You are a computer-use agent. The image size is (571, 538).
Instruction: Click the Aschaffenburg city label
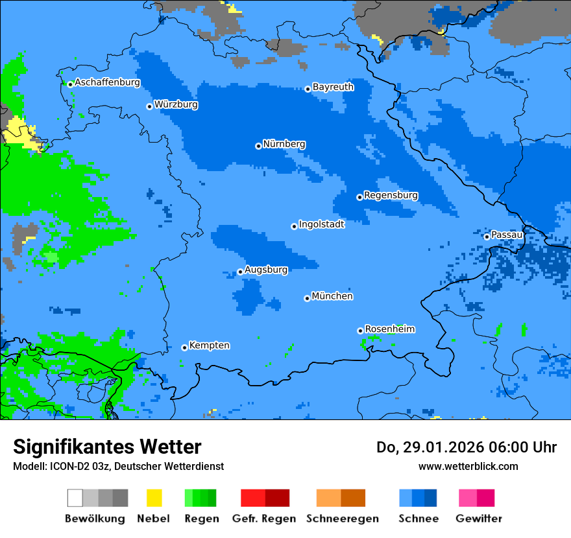click(x=107, y=82)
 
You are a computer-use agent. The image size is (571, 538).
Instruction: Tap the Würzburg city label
click(x=176, y=104)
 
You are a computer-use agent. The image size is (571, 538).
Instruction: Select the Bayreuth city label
click(x=333, y=87)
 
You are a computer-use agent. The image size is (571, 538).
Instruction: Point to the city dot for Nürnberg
click(x=258, y=146)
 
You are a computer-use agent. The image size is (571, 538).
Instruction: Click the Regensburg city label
click(x=391, y=195)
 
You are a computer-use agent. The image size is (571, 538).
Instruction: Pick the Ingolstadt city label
click(x=321, y=224)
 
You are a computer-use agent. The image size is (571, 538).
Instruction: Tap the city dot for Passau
click(x=487, y=237)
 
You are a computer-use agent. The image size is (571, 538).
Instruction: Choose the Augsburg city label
click(x=266, y=270)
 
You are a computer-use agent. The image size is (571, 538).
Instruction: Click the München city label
click(x=332, y=296)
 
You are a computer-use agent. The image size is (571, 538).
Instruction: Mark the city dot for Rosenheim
click(x=360, y=331)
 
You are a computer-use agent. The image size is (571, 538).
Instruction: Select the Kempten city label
click(x=209, y=345)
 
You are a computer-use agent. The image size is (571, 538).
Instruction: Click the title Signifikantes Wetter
click(x=107, y=447)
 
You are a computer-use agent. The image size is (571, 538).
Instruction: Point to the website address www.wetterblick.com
click(x=468, y=467)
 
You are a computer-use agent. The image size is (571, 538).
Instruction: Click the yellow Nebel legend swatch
click(x=154, y=498)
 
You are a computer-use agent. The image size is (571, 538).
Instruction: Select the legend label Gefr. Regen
click(x=264, y=519)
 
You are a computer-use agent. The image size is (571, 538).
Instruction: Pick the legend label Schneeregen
click(x=342, y=519)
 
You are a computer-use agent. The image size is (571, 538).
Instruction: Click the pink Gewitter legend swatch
click(x=468, y=498)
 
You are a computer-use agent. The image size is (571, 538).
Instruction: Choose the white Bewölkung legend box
click(x=75, y=498)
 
